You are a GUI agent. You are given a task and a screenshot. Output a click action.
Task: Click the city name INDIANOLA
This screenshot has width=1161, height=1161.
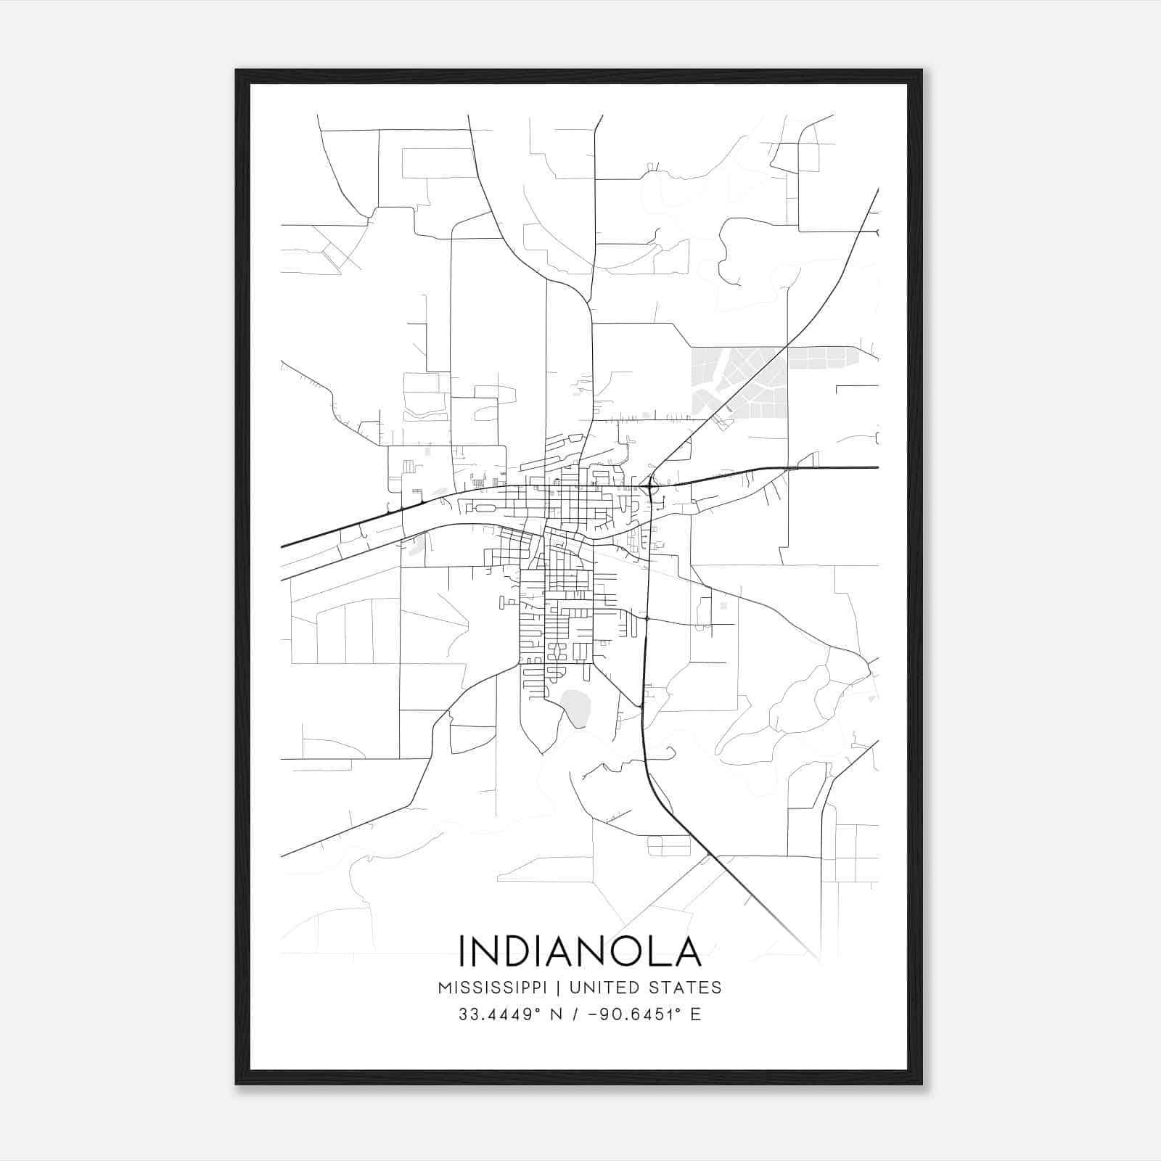580,951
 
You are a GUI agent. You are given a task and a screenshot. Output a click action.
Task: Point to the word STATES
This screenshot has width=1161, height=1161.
685,988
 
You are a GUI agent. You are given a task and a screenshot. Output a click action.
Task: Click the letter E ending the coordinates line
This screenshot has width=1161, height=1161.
696,1014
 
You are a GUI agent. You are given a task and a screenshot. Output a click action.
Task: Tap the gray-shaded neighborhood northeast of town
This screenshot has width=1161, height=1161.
740,381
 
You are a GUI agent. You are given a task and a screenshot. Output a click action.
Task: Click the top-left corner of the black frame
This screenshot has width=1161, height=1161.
237,71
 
